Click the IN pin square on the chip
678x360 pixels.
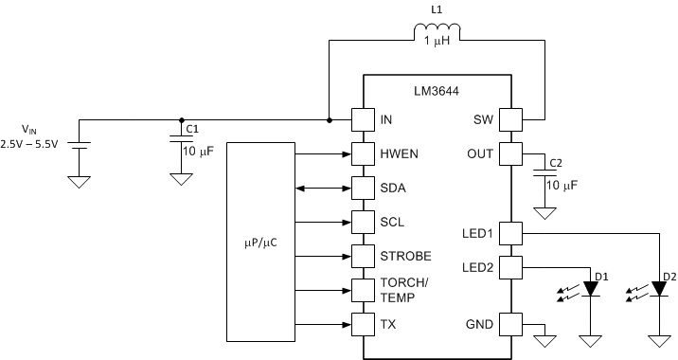click(x=364, y=120)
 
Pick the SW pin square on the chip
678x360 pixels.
click(x=511, y=120)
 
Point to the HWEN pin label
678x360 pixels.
click(x=400, y=153)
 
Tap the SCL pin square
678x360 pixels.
click(x=364, y=222)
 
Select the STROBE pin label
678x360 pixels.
click(x=405, y=256)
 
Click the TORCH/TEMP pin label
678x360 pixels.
click(x=404, y=289)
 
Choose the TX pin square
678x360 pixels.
click(x=364, y=324)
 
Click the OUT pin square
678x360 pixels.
click(x=511, y=153)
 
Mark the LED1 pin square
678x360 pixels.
click(x=511, y=232)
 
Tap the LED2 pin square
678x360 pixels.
click(x=511, y=266)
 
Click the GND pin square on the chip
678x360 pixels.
click(x=511, y=324)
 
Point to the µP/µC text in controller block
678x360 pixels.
click(x=262, y=241)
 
